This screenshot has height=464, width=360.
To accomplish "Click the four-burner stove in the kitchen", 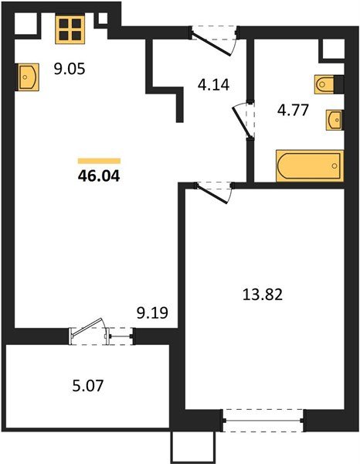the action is click(x=70, y=29).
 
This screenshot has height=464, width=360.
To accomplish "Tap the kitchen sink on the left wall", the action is click(x=28, y=77).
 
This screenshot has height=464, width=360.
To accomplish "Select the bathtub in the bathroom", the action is click(x=310, y=165).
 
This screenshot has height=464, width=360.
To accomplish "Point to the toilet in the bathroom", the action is click(x=324, y=84).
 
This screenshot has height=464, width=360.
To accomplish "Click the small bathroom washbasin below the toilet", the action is click(x=334, y=120).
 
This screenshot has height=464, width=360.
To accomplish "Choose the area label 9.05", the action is click(x=70, y=69).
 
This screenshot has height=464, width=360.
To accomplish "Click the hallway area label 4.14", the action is click(x=214, y=85).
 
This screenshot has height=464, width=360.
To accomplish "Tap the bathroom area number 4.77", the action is click(x=293, y=110).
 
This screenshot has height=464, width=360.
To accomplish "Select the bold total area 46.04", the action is click(x=99, y=176).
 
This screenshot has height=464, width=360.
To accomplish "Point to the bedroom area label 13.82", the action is click(x=263, y=295).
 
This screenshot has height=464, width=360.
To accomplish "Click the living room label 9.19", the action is click(x=152, y=312).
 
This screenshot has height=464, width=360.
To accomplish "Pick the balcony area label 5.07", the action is click(x=88, y=386).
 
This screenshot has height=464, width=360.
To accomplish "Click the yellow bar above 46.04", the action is click(x=100, y=161).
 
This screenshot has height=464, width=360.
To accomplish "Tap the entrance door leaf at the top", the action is click(x=211, y=44).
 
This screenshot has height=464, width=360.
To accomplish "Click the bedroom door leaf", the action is click(x=212, y=194).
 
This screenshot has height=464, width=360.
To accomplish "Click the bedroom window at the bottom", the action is click(x=263, y=421).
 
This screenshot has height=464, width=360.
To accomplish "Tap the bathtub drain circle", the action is click(x=335, y=165).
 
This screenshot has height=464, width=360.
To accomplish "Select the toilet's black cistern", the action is click(x=338, y=84).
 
